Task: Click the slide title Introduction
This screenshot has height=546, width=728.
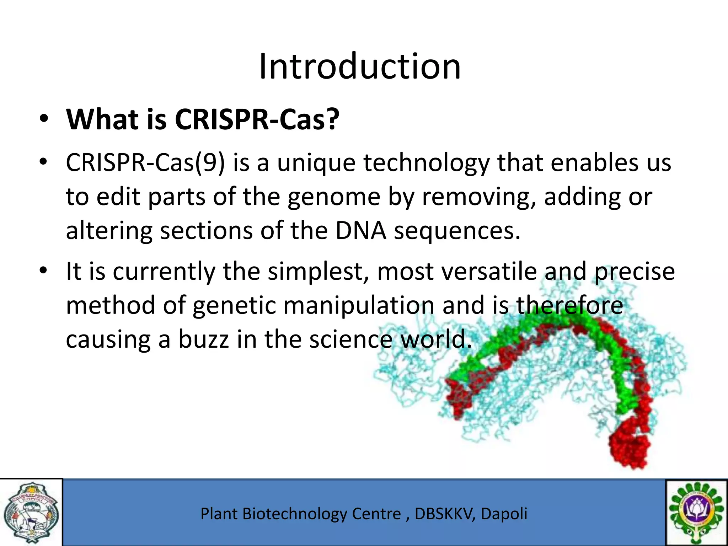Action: tap(360, 66)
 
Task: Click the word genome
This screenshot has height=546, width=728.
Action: tap(334, 197)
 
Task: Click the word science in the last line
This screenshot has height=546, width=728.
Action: tap(350, 339)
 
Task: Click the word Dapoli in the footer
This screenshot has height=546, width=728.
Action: tap(504, 514)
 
